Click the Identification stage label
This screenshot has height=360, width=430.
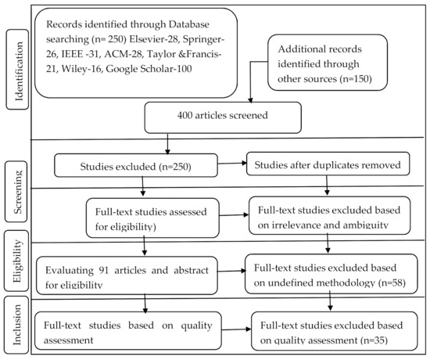click(x=17, y=70)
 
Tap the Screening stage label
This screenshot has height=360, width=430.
click(x=16, y=192)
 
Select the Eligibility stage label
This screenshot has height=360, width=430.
click(x=16, y=261)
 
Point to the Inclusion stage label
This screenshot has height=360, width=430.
click(x=16, y=325)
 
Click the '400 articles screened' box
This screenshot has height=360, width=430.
click(x=223, y=117)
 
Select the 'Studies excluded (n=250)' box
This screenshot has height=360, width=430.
click(x=136, y=165)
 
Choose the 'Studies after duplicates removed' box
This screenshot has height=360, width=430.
click(x=328, y=164)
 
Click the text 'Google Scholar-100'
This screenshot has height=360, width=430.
click(x=149, y=69)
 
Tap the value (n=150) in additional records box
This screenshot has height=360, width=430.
click(x=356, y=79)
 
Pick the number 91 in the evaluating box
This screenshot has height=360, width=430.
click(x=103, y=271)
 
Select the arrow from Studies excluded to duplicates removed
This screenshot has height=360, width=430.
click(x=232, y=164)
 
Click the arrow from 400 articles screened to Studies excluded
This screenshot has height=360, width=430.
click(x=167, y=144)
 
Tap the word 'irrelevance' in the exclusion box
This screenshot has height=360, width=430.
click(x=296, y=225)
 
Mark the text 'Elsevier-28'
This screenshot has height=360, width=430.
click(x=154, y=39)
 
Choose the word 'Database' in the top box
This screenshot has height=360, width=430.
click(x=189, y=24)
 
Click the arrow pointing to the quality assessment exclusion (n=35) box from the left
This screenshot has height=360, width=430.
click(x=236, y=329)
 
